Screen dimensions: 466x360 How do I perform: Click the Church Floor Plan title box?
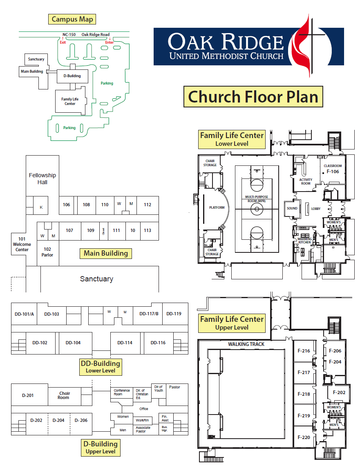[x=253, y=97]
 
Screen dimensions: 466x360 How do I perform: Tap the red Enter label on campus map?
[x=110, y=42]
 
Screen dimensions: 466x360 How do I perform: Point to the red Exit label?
[x=63, y=42]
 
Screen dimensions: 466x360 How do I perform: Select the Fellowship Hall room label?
[x=42, y=178]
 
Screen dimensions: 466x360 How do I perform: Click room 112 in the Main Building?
[x=148, y=205]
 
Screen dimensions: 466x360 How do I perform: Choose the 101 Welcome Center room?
[x=22, y=244]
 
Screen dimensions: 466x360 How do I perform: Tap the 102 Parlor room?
[x=47, y=252]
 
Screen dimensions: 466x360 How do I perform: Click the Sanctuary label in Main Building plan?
[x=96, y=279]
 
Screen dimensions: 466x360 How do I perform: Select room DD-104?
[x=73, y=343]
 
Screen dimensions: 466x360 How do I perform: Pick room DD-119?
[x=174, y=314]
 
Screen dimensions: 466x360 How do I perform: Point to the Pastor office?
[x=174, y=387]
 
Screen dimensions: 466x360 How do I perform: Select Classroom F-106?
[x=333, y=169]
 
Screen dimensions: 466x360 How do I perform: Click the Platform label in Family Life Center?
[x=217, y=207]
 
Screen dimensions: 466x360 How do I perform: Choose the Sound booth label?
[x=292, y=208]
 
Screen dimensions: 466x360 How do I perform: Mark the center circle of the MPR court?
[x=257, y=209]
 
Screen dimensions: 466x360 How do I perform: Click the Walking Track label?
[x=246, y=344]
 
